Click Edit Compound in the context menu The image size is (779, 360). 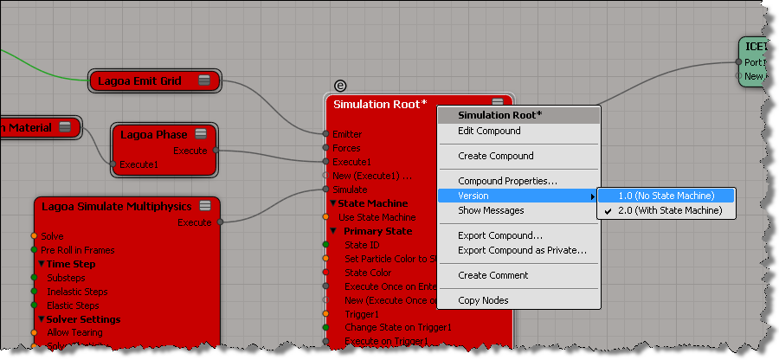[489, 131]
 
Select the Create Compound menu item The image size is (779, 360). [495, 156]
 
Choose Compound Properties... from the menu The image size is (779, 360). [507, 181]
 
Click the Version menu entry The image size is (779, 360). [473, 196]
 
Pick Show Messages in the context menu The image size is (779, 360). [491, 210]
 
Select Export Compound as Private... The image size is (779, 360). [522, 250]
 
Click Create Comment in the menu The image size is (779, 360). [493, 275]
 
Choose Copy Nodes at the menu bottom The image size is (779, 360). [483, 300]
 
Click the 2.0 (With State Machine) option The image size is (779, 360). [671, 210]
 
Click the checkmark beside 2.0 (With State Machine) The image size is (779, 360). [608, 210]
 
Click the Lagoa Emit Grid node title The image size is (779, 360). [139, 81]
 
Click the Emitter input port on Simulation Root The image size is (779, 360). [325, 134]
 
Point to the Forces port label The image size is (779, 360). [346, 148]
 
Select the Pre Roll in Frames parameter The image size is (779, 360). [77, 250]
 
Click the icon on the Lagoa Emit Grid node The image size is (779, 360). [204, 81]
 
